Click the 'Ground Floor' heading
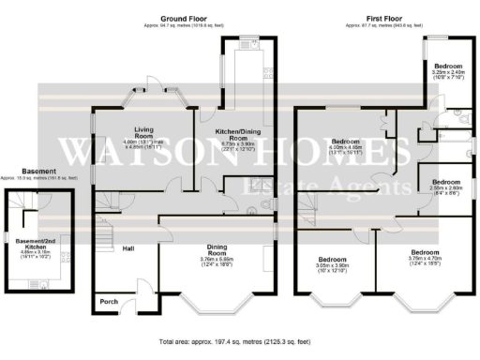(x=183, y=18)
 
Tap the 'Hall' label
(x=128, y=248)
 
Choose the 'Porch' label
(x=110, y=302)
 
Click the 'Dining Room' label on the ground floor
(x=217, y=249)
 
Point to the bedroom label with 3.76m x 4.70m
(x=424, y=252)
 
